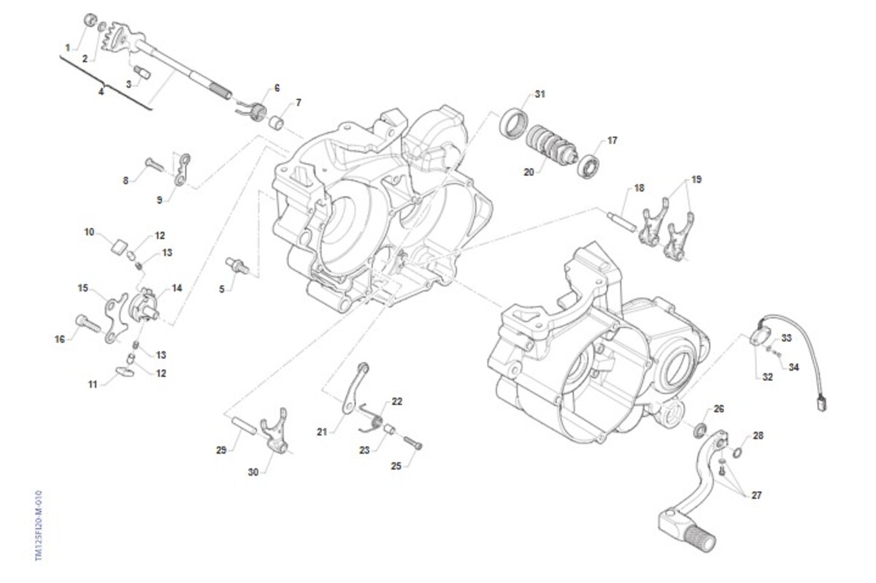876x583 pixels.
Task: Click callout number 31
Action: pyautogui.click(x=539, y=94)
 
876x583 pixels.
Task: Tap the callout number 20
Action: pyautogui.click(x=529, y=172)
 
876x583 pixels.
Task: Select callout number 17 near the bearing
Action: pyautogui.click(x=612, y=140)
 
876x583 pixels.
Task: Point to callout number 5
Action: pyautogui.click(x=222, y=289)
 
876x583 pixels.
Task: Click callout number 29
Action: pyautogui.click(x=222, y=449)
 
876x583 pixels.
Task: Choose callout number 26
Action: pyautogui.click(x=718, y=408)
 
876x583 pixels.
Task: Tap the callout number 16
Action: pyautogui.click(x=60, y=339)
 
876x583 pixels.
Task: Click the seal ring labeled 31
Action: pyautogui.click(x=514, y=121)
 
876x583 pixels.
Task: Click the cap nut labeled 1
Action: pyautogui.click(x=91, y=20)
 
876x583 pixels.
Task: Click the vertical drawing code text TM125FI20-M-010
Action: pyautogui.click(x=38, y=525)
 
